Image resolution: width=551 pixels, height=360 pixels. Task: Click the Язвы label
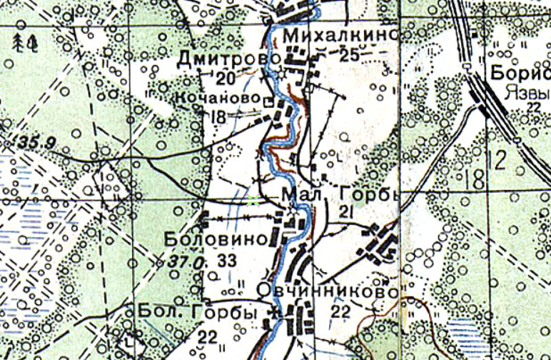[x=521, y=92]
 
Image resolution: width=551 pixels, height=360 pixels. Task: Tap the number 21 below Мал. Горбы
[x=348, y=211]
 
